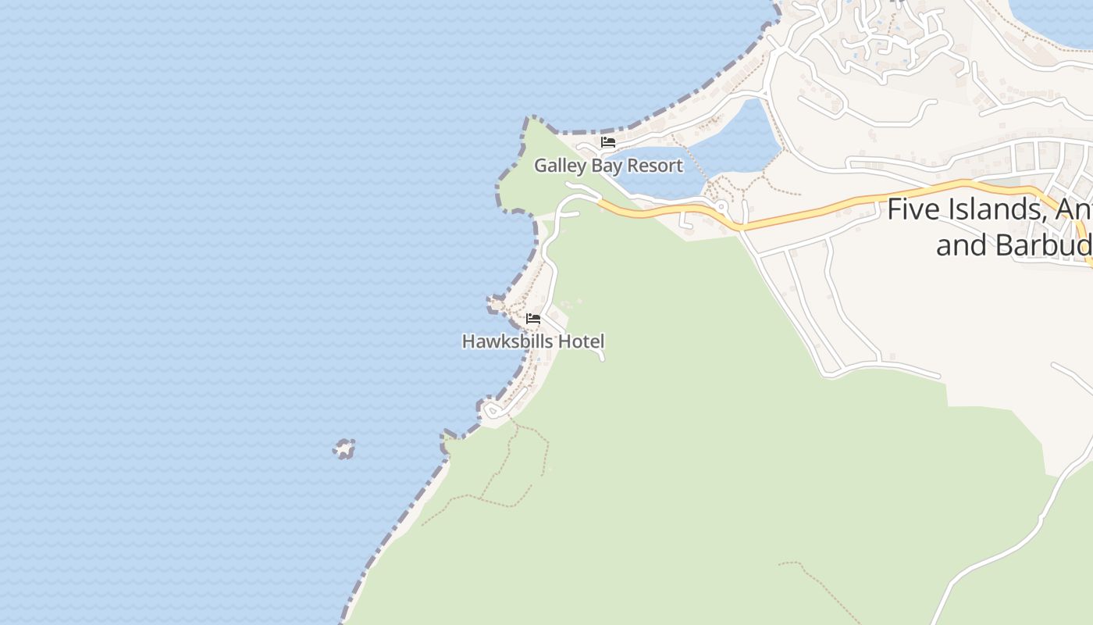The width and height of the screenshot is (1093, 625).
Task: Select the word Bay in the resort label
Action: tap(606, 166)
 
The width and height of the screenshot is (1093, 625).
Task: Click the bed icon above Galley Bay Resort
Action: tap(608, 142)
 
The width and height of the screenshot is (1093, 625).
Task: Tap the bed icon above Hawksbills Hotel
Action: tap(533, 319)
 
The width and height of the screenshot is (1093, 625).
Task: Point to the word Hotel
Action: tap(581, 341)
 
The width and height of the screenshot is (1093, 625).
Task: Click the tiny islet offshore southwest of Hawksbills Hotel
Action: tap(344, 448)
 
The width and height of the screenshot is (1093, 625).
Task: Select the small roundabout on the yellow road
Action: tap(722, 207)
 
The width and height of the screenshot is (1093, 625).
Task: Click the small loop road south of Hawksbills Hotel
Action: tap(493, 409)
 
